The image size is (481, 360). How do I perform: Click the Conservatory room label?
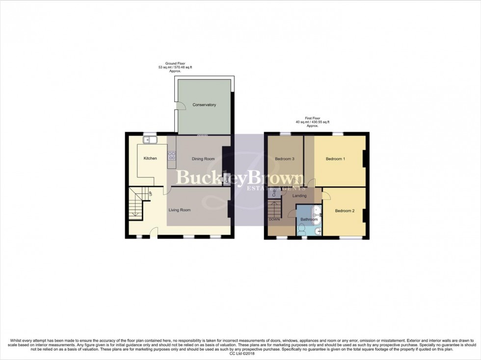tap(204, 105)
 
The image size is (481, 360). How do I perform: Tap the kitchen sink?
tap(149, 141)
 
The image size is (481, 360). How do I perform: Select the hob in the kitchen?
tap(172, 156)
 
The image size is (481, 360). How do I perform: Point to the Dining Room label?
tap(203, 158)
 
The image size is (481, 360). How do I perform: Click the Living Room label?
tap(179, 210)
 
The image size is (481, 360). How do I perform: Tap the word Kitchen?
tap(150, 158)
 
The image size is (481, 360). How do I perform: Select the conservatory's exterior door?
tap(180, 105)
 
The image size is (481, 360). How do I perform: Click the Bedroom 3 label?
tap(285, 158)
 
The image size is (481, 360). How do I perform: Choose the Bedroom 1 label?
tap(336, 158)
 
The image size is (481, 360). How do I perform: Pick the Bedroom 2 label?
tap(345, 211)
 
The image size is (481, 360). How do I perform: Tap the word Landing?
tap(299, 196)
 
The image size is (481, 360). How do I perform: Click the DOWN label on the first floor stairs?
tap(274, 219)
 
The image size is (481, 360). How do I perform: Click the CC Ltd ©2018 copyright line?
tap(240, 353)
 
